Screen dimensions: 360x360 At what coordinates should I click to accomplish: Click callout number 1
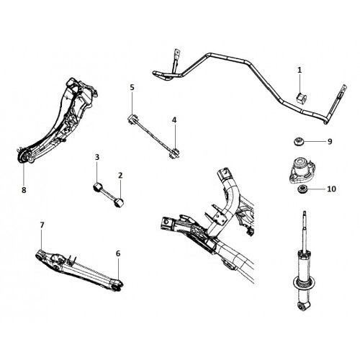[x=300, y=71]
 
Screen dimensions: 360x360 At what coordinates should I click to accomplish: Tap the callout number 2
[x=120, y=176]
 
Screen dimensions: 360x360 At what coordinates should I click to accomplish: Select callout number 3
[x=97, y=157]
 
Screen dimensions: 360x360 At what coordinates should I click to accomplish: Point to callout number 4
[x=174, y=120]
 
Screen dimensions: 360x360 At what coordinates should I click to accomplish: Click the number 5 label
[x=132, y=87]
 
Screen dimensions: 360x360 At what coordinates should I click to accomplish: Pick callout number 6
[x=118, y=253]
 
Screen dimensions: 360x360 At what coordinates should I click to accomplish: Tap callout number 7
[x=42, y=225]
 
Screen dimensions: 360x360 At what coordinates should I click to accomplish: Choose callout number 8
[x=24, y=190]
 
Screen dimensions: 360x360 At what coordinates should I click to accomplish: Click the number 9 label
[x=330, y=142]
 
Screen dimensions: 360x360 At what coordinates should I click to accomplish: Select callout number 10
[x=331, y=189]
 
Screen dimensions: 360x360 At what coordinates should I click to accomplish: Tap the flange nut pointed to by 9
[x=299, y=141]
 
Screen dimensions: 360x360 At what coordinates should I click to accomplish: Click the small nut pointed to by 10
[x=302, y=189]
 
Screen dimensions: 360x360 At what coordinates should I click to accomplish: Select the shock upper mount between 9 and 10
[x=302, y=170]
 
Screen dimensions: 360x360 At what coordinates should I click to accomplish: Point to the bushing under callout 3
[x=96, y=187]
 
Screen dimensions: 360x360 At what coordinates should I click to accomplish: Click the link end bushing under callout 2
[x=120, y=202]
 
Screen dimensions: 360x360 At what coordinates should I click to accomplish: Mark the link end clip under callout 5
[x=132, y=120]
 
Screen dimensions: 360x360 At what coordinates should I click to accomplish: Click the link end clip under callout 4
[x=174, y=153]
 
